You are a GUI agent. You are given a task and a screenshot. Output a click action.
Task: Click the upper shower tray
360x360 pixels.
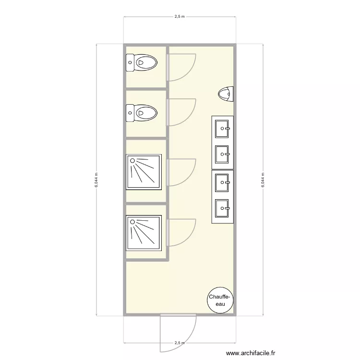point(144,171)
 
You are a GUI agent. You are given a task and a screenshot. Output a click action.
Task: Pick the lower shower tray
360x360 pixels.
point(144,233)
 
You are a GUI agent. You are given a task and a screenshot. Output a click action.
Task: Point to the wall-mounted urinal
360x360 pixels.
point(226,94)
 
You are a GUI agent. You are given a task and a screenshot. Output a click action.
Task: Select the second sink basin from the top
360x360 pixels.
point(223,154)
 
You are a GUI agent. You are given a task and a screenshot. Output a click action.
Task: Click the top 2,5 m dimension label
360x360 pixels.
point(179,17)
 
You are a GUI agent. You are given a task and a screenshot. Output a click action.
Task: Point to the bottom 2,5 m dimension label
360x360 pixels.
point(179,343)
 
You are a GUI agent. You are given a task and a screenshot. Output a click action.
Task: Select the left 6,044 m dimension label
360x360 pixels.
point(96,180)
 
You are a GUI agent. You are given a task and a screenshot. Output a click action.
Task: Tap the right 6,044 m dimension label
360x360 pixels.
point(263,180)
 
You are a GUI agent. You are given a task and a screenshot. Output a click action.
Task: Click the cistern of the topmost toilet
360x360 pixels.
point(130,62)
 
